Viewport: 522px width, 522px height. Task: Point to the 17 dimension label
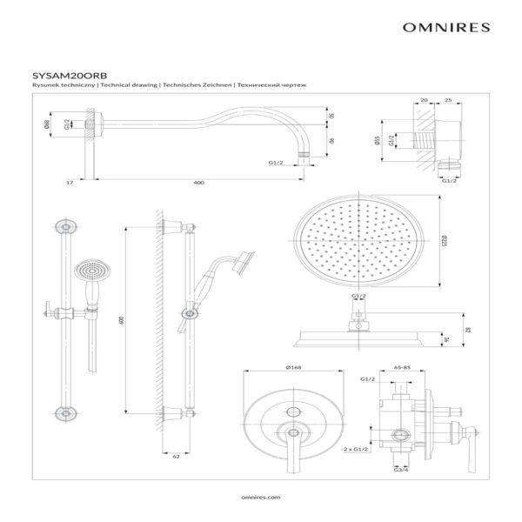(x=68, y=184)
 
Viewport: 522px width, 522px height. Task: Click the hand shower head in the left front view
(x=86, y=271)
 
